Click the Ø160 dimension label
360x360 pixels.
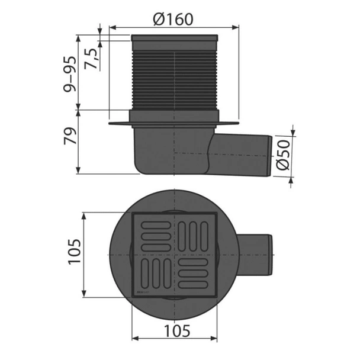pyautogui.click(x=173, y=19)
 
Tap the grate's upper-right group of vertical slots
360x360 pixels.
pyautogui.click(x=194, y=235)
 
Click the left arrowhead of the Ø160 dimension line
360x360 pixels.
pyautogui.click(x=112, y=27)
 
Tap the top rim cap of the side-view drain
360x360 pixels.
pyautogui.click(x=175, y=39)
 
